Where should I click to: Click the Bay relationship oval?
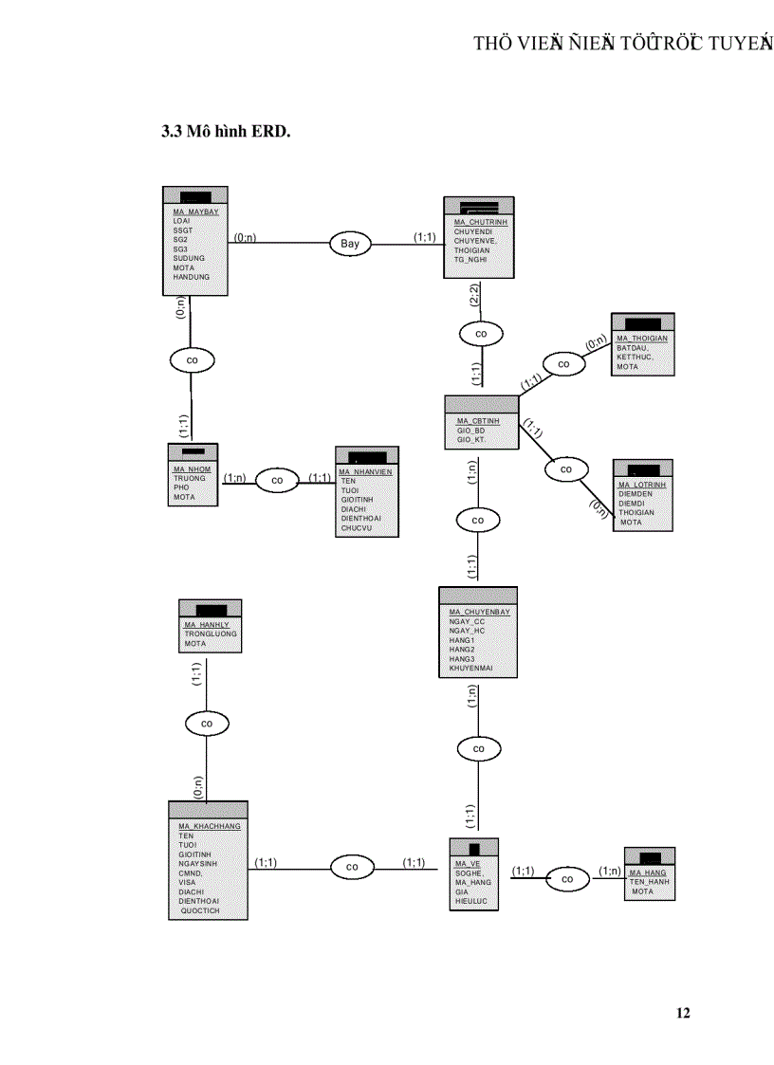click(350, 244)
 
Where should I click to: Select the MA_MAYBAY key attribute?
click(195, 211)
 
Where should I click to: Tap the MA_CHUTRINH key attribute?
click(480, 222)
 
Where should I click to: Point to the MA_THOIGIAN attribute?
click(642, 339)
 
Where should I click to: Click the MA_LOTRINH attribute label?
click(642, 485)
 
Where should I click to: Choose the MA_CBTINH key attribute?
click(478, 421)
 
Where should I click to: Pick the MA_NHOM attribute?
click(192, 469)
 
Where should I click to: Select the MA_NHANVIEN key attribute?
click(365, 471)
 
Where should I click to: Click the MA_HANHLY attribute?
click(208, 625)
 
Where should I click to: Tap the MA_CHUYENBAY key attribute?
click(479, 612)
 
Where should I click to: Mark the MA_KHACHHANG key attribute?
click(210, 826)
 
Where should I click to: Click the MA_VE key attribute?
click(468, 864)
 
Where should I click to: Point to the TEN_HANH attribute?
click(650, 882)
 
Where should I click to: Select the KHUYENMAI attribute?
click(470, 668)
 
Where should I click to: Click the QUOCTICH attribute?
click(200, 910)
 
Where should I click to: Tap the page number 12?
click(683, 1013)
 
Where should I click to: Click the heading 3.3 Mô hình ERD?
click(225, 131)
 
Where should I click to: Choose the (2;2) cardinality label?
click(474, 295)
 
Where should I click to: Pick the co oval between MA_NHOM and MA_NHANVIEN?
click(277, 481)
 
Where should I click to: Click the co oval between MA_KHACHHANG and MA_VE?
click(352, 867)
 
